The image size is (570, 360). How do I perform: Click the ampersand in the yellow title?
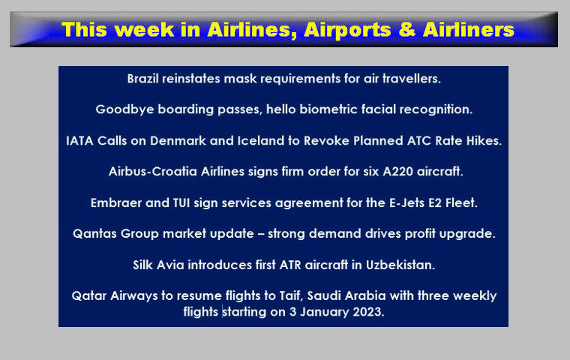coord(407,30)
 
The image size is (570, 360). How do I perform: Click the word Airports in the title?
coord(347,31)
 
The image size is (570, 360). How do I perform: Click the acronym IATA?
coord(79,141)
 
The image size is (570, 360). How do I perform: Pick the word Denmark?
coord(178,140)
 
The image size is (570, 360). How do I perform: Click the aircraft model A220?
coord(397,171)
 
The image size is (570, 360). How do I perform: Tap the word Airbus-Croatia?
coord(153,171)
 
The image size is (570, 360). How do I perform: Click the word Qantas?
coord(95,233)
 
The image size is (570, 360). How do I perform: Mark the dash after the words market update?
coord(261,234)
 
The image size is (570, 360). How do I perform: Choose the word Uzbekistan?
coord(400,265)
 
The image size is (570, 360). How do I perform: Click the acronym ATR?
coord(290,265)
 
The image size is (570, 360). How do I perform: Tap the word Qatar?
coord(89,295)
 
